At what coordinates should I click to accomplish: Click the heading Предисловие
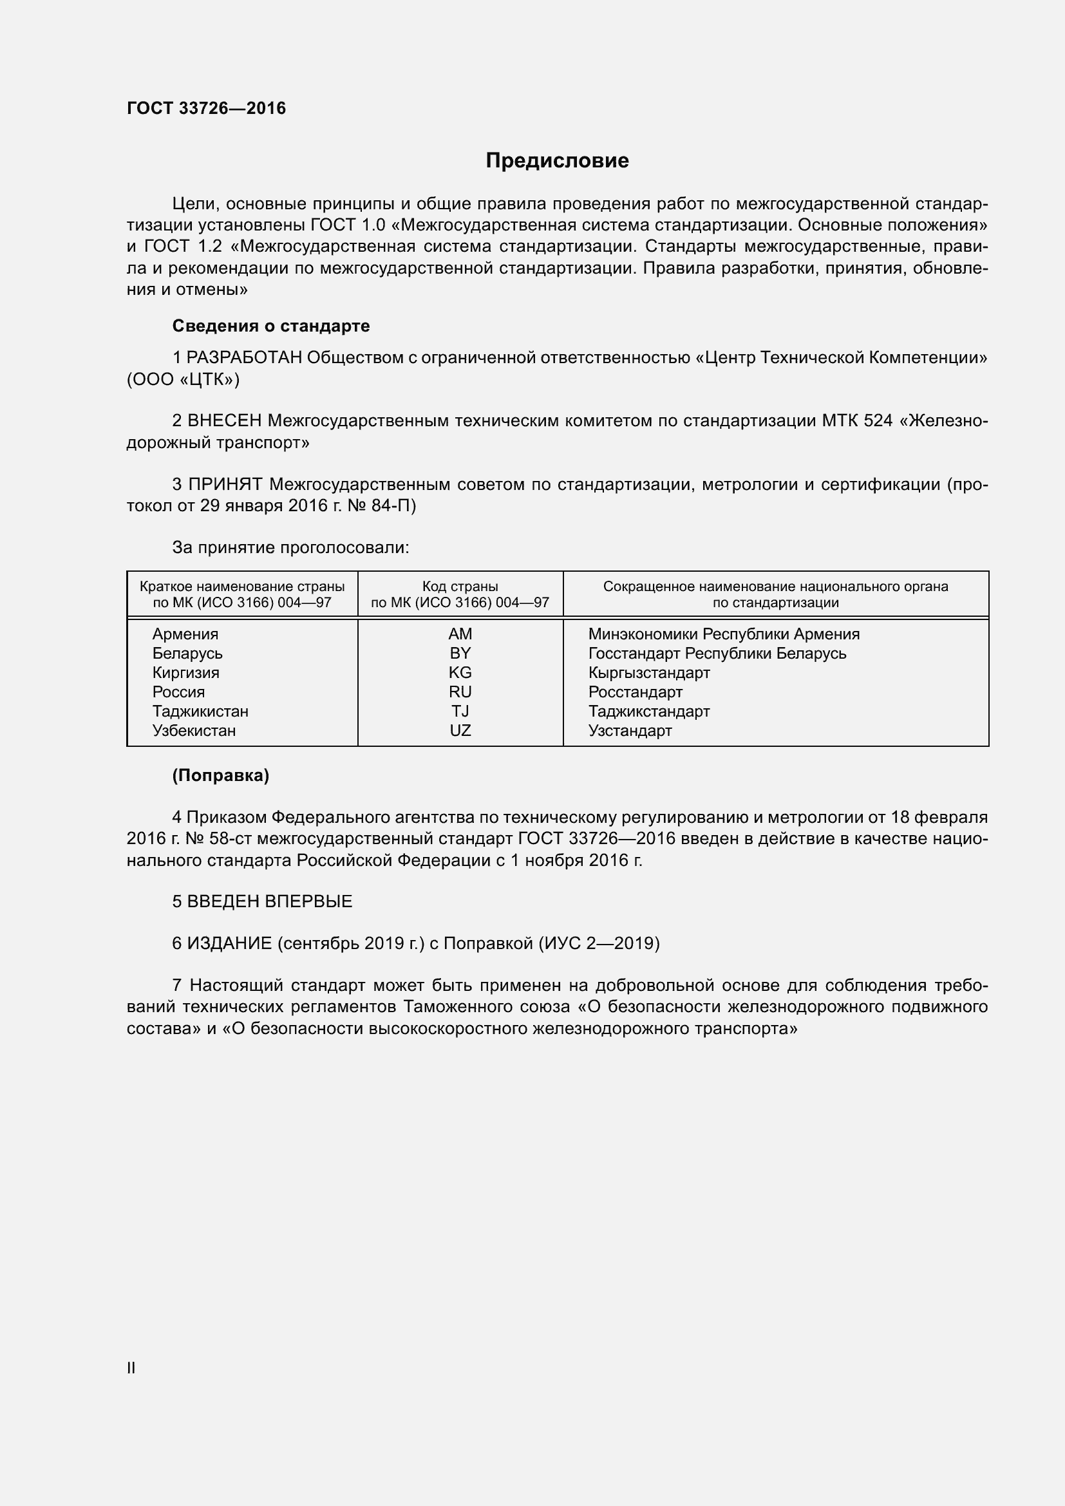pos(557,161)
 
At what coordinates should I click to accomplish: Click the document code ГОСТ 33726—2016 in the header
pos(207,108)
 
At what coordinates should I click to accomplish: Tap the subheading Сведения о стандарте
pos(271,326)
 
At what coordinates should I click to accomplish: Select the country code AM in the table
pos(460,634)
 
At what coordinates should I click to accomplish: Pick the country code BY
pos(460,654)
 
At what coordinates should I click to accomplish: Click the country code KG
pos(460,672)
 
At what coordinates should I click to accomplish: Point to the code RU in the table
pos(460,692)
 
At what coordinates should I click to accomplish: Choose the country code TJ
pos(460,711)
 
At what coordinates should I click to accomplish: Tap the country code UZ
pos(460,731)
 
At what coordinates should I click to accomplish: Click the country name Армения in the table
pos(185,634)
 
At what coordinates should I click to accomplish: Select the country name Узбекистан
pos(193,731)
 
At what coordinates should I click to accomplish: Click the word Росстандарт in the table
pos(635,692)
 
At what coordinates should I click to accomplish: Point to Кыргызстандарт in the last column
pos(648,672)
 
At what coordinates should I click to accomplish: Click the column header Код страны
pos(460,587)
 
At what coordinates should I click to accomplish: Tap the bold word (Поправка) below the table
pos(220,775)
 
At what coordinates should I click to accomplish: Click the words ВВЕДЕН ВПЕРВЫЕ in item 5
pos(270,901)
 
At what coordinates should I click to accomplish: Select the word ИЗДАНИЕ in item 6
pos(229,943)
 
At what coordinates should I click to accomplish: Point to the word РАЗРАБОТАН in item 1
pos(244,357)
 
